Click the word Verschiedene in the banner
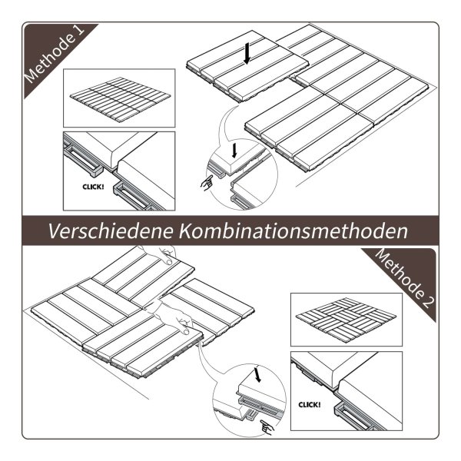(111, 231)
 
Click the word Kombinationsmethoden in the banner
(294, 231)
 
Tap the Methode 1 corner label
(55, 54)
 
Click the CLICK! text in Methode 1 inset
(93, 187)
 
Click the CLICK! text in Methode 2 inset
(310, 405)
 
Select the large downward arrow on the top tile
(247, 53)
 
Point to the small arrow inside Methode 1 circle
(234, 151)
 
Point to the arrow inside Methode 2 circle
(257, 375)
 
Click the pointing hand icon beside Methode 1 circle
(207, 183)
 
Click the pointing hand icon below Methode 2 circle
(267, 427)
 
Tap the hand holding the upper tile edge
(161, 254)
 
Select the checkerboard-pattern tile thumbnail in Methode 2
(347, 320)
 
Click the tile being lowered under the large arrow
(247, 66)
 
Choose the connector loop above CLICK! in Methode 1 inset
(82, 161)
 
